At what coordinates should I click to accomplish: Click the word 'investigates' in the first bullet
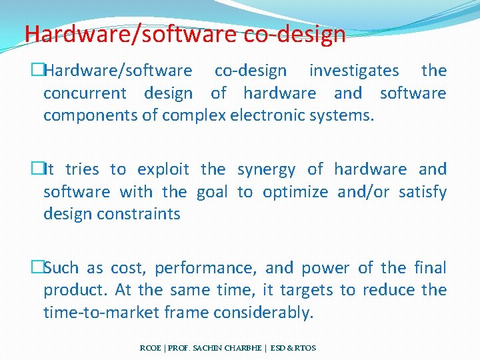pyautogui.click(x=354, y=71)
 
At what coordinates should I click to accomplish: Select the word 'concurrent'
pyautogui.click(x=85, y=93)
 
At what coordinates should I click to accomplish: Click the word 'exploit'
pyautogui.click(x=163, y=169)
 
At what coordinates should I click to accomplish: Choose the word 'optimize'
pyautogui.click(x=295, y=192)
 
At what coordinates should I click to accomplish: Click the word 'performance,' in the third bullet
pyautogui.click(x=206, y=268)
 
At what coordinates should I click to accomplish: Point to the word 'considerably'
pyautogui.click(x=267, y=313)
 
